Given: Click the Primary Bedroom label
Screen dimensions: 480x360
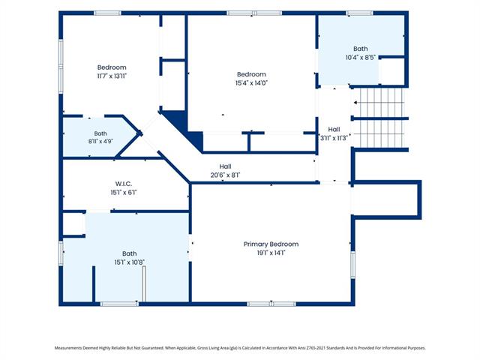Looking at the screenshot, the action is click(x=271, y=244).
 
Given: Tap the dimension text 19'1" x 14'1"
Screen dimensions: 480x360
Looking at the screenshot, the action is click(x=271, y=253).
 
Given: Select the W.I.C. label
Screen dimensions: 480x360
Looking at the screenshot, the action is click(x=124, y=184).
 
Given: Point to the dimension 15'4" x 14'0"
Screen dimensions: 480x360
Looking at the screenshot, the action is click(x=251, y=82).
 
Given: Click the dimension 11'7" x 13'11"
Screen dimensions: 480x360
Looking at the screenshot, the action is click(x=112, y=76).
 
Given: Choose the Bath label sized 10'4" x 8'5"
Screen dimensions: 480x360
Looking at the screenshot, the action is click(x=361, y=49).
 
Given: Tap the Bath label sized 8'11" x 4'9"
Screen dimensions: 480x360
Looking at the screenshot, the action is click(x=100, y=133).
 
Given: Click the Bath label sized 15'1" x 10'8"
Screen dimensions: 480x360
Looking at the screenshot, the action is click(x=130, y=253).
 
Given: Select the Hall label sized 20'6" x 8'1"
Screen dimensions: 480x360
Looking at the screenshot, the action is click(x=225, y=166).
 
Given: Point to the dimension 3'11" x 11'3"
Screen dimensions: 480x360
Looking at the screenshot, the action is click(x=334, y=138).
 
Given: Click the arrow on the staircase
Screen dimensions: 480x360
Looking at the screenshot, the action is click(x=356, y=103).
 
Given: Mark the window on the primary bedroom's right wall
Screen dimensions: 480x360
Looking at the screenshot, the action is click(x=352, y=265).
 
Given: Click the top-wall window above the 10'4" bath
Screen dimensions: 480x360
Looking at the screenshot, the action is click(x=360, y=13).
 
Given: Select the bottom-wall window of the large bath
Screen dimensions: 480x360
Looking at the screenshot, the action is click(x=119, y=304).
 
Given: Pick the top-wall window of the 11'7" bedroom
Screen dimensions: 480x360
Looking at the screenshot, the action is click(x=107, y=13).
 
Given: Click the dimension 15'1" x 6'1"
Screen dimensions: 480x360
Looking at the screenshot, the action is click(x=124, y=193).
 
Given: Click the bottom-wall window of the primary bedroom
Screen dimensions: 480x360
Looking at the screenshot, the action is click(x=271, y=304).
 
